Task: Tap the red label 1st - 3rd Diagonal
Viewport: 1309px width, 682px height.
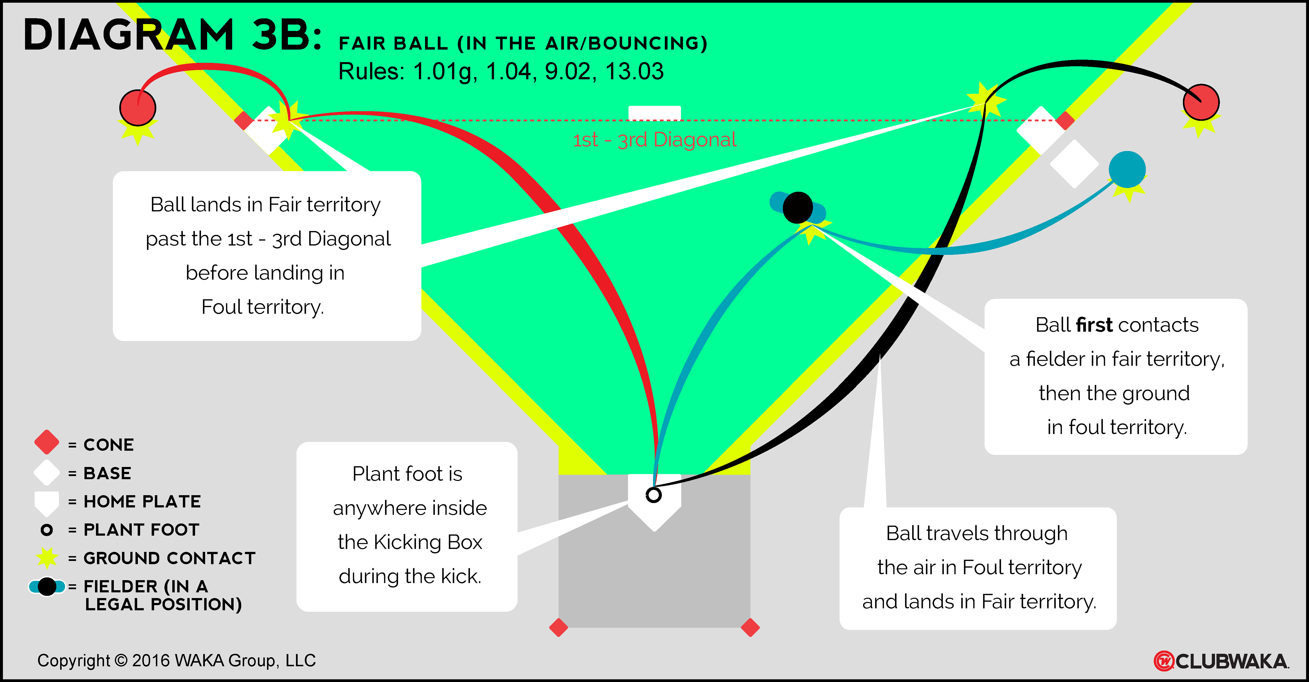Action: coord(654,140)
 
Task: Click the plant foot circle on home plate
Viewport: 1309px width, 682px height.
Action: coord(653,495)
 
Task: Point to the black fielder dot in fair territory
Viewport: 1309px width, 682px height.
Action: coord(798,207)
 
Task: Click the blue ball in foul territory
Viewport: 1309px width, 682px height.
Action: coord(1127,169)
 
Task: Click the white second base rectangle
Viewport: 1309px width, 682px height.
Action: coord(654,113)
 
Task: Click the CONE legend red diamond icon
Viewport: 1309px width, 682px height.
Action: coord(47,442)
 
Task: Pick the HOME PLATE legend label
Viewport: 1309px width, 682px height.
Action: coord(142,502)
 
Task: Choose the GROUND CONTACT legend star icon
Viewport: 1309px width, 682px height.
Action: coord(47,558)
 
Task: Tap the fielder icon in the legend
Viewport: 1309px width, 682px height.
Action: coord(47,587)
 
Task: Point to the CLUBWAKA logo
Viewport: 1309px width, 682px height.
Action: coord(1221,661)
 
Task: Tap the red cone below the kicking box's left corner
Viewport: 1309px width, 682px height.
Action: coord(559,628)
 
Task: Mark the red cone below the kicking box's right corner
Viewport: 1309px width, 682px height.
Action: coord(750,628)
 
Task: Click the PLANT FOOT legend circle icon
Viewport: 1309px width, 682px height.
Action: coord(47,530)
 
